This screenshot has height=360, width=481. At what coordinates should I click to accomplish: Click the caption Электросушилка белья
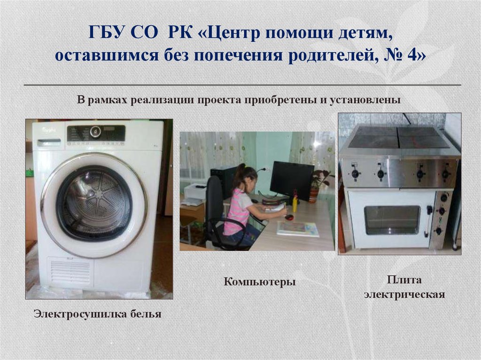[x=97, y=314]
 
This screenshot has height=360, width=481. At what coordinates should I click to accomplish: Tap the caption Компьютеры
[x=259, y=282]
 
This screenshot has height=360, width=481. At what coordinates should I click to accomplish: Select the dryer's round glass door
[x=94, y=205]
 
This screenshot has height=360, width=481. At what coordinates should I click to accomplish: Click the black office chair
[x=217, y=211]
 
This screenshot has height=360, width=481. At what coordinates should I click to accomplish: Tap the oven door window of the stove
[x=392, y=219]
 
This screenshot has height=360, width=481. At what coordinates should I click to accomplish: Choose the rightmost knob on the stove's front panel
[x=444, y=174]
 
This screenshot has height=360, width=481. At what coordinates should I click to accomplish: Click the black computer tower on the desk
[x=221, y=181]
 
